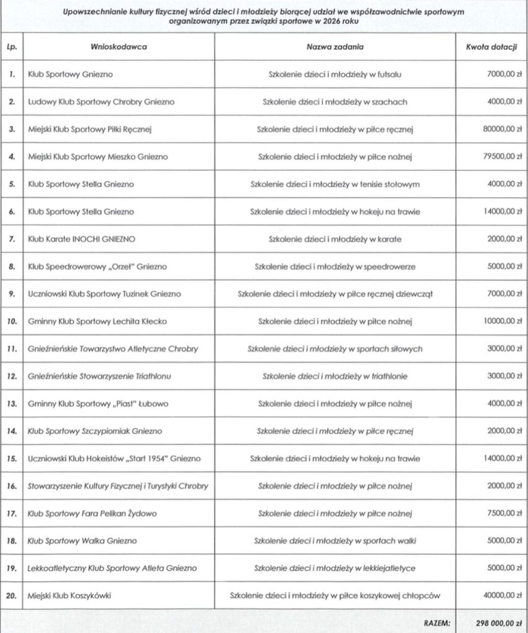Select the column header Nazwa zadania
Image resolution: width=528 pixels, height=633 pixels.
tap(334, 47)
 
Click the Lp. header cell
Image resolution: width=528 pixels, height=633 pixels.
tap(12, 47)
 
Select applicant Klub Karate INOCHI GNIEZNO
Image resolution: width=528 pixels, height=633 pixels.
tap(82, 239)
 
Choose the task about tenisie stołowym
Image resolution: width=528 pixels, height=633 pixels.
tap(334, 184)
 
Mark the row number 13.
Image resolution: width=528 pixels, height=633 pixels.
tap(12, 404)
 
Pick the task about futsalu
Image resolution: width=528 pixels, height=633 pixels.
tap(334, 74)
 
